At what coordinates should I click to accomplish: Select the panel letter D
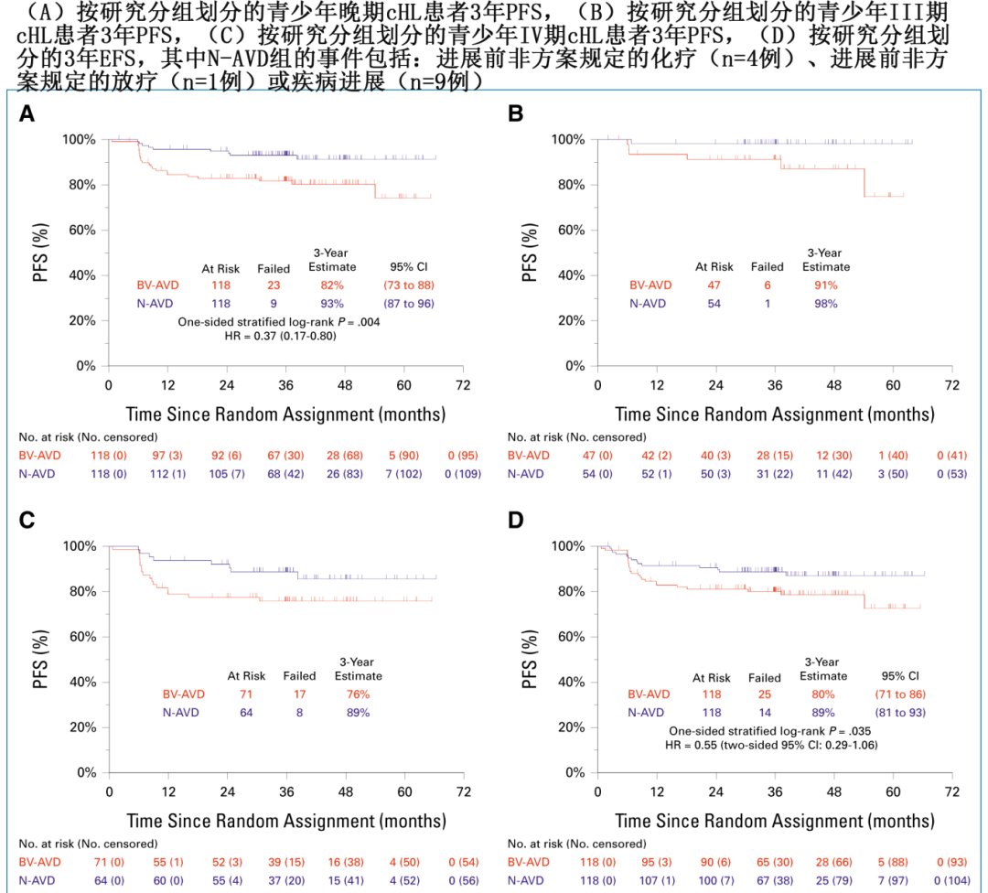516,521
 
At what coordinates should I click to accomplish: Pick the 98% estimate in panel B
825,303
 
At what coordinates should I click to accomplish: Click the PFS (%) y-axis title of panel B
530,252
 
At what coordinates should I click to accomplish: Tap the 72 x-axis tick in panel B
952,384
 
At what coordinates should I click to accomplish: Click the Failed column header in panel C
298,676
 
